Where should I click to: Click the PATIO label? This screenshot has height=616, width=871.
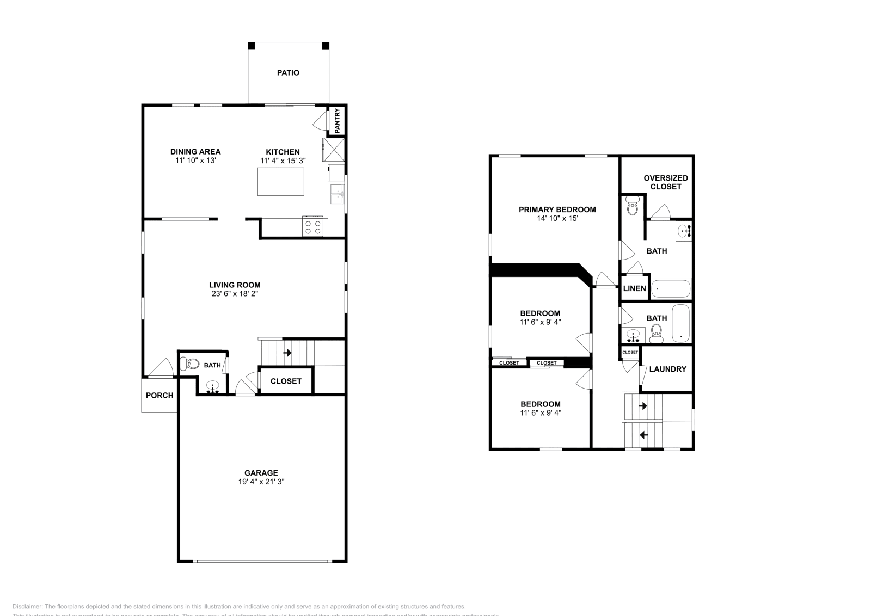click(x=288, y=72)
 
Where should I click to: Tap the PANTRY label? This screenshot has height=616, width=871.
click(x=337, y=121)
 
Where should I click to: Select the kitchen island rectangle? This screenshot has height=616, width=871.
click(x=280, y=181)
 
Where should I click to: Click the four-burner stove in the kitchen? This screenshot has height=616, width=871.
click(x=313, y=226)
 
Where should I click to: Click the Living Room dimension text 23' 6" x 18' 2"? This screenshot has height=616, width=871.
click(x=235, y=293)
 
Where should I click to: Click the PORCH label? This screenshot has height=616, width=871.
click(x=160, y=395)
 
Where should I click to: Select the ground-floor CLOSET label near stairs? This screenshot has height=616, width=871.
click(x=286, y=381)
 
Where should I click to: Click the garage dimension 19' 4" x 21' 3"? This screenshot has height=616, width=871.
click(x=261, y=482)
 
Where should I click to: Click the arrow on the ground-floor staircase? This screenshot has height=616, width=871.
click(x=287, y=353)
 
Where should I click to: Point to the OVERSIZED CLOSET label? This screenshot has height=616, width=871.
click(x=665, y=182)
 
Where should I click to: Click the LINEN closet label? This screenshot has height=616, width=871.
click(x=634, y=288)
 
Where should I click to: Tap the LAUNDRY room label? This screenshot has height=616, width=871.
click(x=668, y=369)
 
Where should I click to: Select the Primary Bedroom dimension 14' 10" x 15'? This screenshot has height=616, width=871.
click(x=557, y=218)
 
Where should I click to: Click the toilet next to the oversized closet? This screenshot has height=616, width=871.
click(x=632, y=207)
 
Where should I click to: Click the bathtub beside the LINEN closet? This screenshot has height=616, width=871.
click(x=671, y=288)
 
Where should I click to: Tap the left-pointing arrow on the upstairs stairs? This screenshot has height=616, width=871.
click(x=643, y=435)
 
